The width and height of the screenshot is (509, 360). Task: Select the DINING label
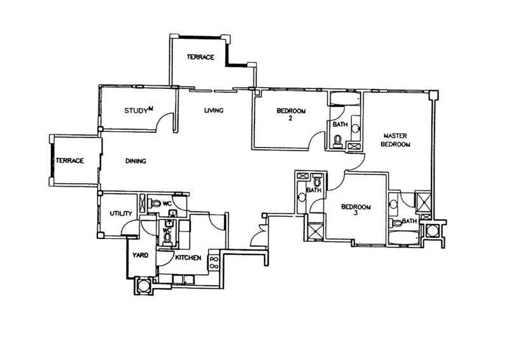[136, 161]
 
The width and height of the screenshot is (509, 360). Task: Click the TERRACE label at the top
[200, 57]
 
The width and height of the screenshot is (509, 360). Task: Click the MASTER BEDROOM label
[395, 140]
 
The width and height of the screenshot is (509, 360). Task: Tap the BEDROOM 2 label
[291, 112]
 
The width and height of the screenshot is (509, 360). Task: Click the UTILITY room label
[119, 213]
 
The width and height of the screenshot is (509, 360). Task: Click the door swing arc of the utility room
[132, 228]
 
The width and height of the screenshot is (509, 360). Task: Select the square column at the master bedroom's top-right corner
[433, 94]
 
